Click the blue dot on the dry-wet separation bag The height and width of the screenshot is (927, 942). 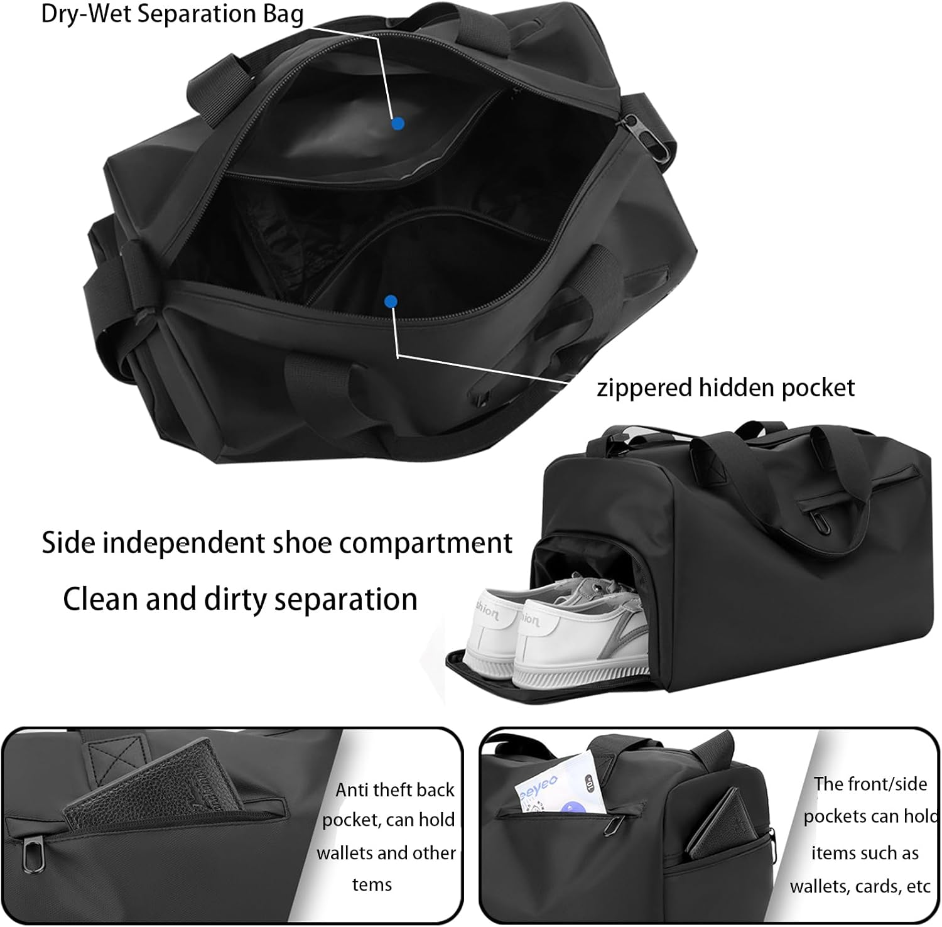coord(397,124)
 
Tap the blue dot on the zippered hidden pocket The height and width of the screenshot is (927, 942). coord(391,302)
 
